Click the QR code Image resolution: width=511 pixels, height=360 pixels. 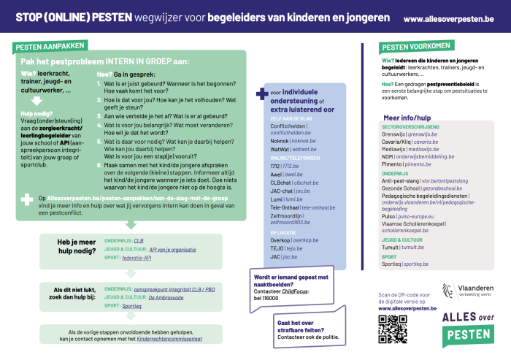click(x=391, y=330)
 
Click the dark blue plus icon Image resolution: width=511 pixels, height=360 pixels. click(x=261, y=93)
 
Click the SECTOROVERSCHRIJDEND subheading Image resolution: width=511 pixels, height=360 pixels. click(x=411, y=127)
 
